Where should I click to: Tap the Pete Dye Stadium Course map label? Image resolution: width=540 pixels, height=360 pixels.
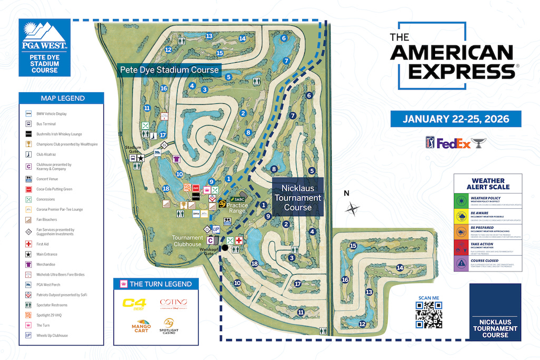coord(169,70)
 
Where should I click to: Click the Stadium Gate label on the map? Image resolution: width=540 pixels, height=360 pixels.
coord(133,149)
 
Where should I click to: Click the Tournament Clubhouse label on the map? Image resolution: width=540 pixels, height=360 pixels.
coord(187,241)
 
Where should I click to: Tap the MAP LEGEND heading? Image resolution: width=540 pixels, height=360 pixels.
coord(63,98)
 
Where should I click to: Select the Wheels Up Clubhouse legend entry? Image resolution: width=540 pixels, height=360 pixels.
coord(52,335)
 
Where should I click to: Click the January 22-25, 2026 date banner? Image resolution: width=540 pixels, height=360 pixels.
coord(456,119)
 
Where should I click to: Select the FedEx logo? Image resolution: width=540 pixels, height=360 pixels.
coord(453,143)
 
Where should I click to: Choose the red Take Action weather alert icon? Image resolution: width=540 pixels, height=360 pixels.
coord(461,246)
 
